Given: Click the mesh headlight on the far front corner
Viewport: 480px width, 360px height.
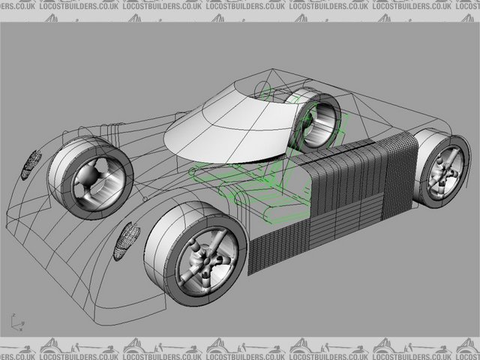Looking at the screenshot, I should click(30, 163).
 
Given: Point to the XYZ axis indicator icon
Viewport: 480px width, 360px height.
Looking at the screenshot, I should click(16, 322).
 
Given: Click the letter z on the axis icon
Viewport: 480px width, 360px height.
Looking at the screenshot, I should click(12, 316).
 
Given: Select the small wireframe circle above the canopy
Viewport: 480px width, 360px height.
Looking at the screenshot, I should click(264, 91).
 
